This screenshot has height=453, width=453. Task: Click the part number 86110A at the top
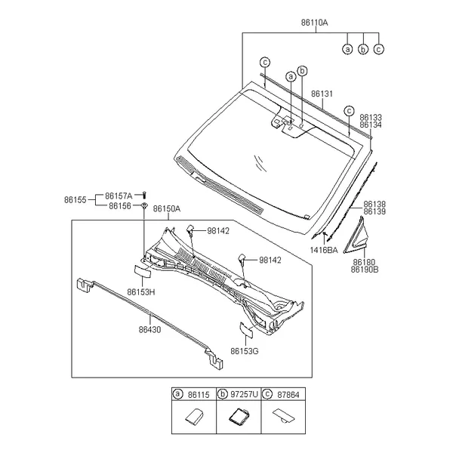click(x=314, y=23)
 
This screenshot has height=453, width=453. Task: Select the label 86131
click(x=322, y=94)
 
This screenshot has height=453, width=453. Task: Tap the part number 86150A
click(x=167, y=208)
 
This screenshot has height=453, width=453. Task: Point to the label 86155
click(x=75, y=200)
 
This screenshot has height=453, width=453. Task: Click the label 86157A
click(x=119, y=196)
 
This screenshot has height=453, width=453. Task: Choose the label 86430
click(x=149, y=330)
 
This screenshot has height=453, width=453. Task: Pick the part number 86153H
click(x=141, y=292)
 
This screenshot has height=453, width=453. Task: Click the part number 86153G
click(x=245, y=351)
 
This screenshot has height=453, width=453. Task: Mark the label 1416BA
click(x=324, y=250)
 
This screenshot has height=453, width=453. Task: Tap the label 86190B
click(x=365, y=270)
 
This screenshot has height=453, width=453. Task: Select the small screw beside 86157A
click(x=145, y=196)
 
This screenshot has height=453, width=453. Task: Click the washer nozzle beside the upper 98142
click(x=190, y=230)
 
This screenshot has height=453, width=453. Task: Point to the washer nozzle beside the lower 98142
click(x=242, y=258)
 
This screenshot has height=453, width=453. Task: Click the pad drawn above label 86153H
click(x=143, y=271)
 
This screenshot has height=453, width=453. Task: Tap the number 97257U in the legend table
click(x=244, y=394)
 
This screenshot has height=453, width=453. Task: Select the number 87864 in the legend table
click(x=288, y=395)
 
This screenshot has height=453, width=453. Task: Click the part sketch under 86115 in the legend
click(x=193, y=417)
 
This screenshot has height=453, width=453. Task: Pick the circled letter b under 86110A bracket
click(x=363, y=49)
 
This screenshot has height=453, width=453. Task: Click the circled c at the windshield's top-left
click(x=265, y=62)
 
